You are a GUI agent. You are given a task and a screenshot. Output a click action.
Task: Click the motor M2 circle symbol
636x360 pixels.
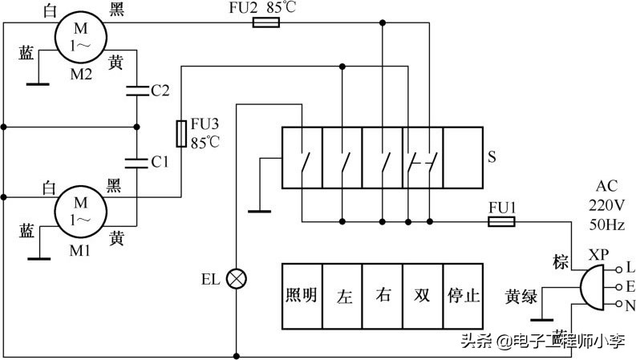click(x=81, y=36)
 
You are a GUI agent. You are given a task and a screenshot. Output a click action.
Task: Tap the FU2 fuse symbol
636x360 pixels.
click(x=265, y=24)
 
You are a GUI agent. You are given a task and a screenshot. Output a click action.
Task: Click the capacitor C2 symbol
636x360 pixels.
click(x=136, y=91)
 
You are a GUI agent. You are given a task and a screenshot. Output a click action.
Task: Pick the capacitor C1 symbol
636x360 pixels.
click(x=136, y=161)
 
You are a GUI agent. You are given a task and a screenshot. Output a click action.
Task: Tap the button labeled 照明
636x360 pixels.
click(x=302, y=295)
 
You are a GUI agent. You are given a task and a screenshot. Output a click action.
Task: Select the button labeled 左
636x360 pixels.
click(x=343, y=295)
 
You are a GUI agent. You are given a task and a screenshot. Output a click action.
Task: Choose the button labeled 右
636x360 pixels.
click(x=383, y=295)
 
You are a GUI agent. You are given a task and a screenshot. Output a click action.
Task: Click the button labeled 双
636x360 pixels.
click(x=423, y=295)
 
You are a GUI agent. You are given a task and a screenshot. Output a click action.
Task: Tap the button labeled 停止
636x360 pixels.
click(x=463, y=295)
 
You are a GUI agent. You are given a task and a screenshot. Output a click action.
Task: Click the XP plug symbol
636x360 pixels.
click(x=589, y=286)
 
